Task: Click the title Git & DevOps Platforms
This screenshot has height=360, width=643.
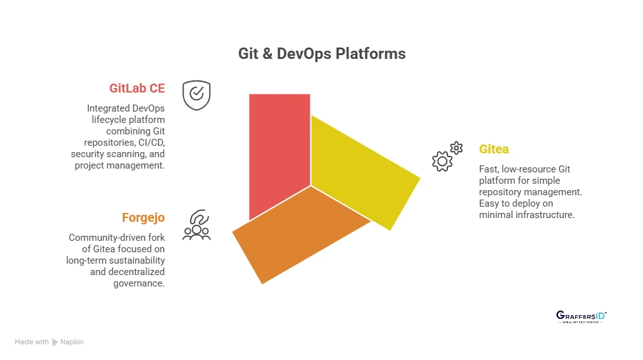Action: pos(322,54)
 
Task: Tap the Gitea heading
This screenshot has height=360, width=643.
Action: pos(493,150)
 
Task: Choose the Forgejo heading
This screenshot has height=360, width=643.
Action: pos(143,217)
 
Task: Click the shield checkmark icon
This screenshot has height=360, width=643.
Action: pos(196,95)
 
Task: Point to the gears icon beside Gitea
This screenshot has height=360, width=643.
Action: pos(447,157)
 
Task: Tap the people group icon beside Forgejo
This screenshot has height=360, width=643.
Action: pos(196,225)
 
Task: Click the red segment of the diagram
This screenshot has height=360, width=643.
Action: pos(279,146)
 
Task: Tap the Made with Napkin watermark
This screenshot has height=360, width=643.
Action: pos(49,342)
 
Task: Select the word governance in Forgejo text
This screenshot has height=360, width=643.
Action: pos(139,283)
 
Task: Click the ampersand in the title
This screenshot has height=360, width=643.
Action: pos(267,54)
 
